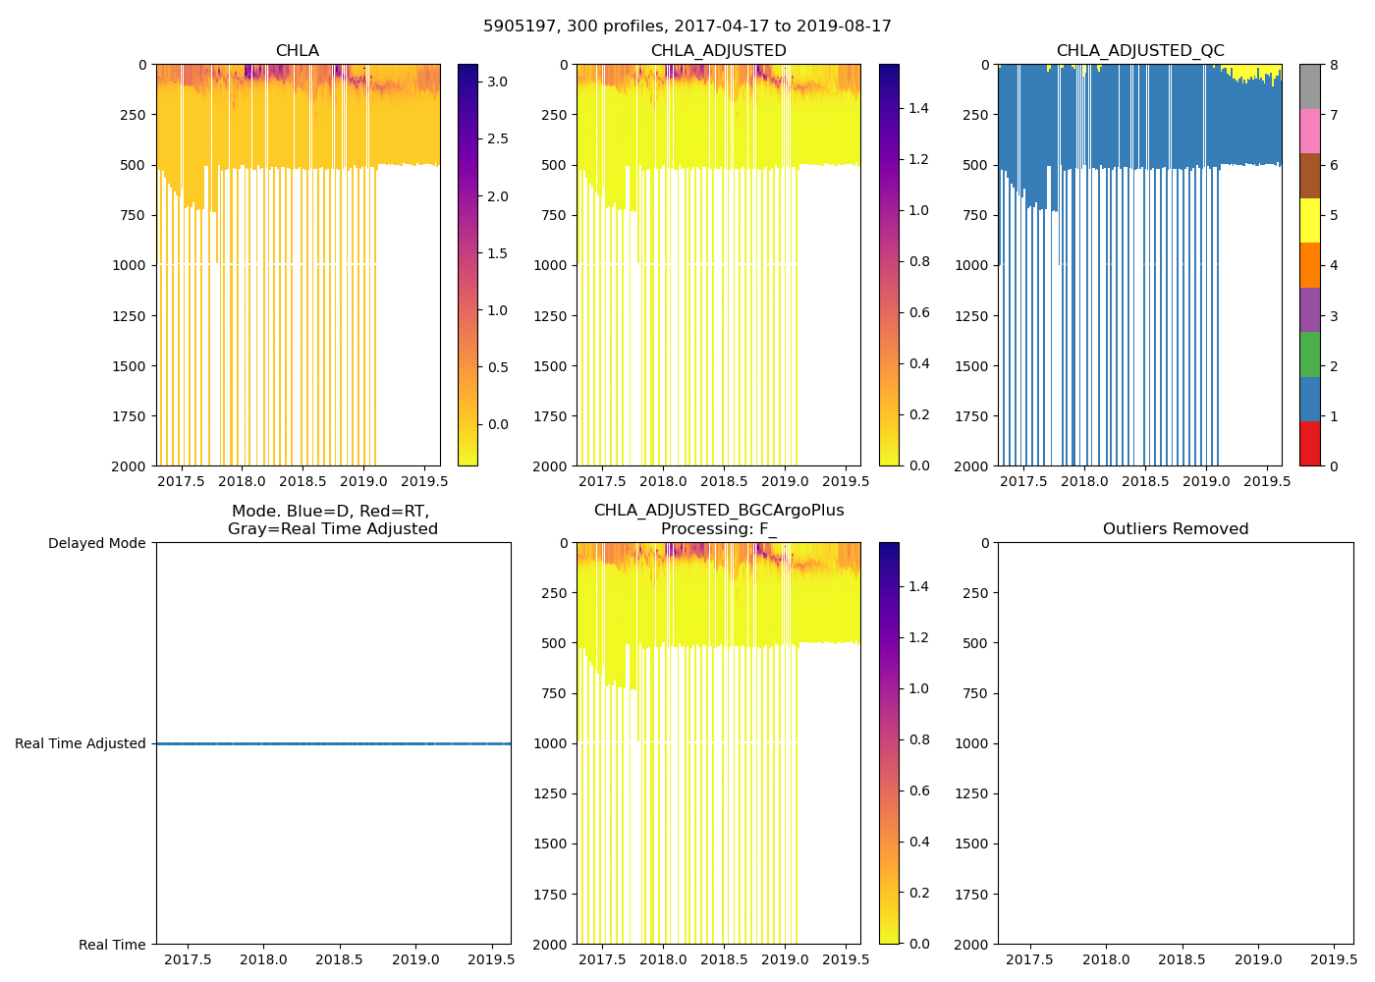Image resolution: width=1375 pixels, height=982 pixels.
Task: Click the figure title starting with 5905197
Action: (x=687, y=27)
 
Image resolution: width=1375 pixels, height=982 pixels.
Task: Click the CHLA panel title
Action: (x=297, y=51)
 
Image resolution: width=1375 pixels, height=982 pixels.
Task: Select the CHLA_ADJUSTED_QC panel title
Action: (x=1140, y=51)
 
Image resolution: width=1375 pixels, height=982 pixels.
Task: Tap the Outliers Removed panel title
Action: (x=1176, y=529)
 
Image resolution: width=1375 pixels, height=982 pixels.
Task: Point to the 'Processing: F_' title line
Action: (x=719, y=529)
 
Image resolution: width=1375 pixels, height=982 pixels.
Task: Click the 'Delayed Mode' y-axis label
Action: (x=97, y=543)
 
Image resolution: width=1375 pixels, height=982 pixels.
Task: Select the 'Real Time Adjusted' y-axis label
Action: (x=81, y=744)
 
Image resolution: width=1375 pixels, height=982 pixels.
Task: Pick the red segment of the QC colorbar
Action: (x=1309, y=444)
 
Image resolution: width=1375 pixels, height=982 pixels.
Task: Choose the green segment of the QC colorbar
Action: (x=1309, y=355)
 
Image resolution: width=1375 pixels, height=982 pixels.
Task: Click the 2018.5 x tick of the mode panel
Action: (x=340, y=960)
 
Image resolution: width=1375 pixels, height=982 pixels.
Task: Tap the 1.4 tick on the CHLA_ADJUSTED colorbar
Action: (x=919, y=108)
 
